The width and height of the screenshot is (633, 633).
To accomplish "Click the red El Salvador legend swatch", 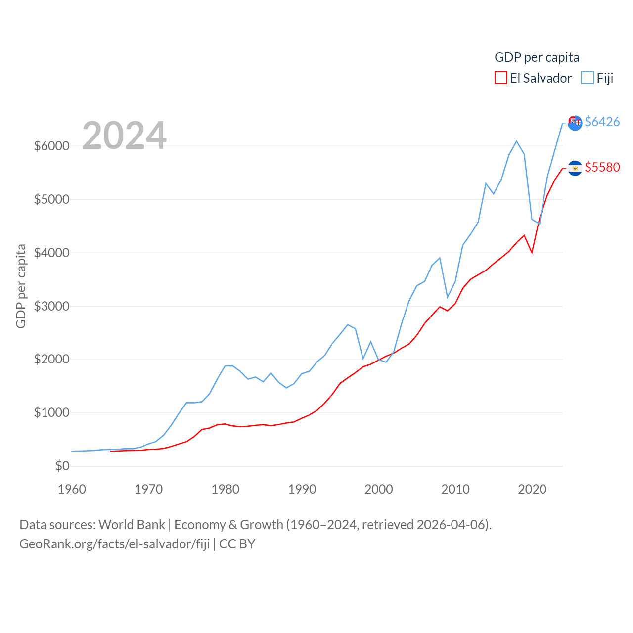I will point(500,78).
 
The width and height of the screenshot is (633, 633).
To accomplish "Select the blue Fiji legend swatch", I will point(587,78).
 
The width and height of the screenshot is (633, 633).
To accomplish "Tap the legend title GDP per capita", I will point(537,57).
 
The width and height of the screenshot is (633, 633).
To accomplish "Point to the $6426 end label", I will point(602,122).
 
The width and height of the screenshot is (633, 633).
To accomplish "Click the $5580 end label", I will point(602,167).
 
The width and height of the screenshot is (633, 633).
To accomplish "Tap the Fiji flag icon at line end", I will point(575,123).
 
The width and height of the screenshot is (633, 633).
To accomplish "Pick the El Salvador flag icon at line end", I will point(575,168).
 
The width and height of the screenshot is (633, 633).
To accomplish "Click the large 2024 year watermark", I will point(124,136).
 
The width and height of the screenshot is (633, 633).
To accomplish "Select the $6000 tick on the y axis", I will point(51,146).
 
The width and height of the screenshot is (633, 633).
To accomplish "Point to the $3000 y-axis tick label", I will point(51,306).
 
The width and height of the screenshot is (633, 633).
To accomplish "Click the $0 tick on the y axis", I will point(62,466).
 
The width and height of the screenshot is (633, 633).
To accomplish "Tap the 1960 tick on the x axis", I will point(72,489).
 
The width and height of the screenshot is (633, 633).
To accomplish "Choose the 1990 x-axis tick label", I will point(302,489).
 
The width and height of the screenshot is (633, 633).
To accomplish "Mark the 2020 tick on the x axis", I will point(532,489).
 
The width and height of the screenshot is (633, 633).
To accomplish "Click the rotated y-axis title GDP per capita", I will point(21,286).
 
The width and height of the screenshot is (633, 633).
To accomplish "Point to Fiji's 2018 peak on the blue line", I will point(517,141).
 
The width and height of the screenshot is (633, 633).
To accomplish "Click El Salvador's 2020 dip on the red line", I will point(532,253).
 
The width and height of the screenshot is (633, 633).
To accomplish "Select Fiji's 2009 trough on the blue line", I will point(448,297).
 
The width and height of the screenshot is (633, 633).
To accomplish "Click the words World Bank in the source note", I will point(132,524).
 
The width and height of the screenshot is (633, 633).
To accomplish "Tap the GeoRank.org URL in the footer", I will point(115,544).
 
